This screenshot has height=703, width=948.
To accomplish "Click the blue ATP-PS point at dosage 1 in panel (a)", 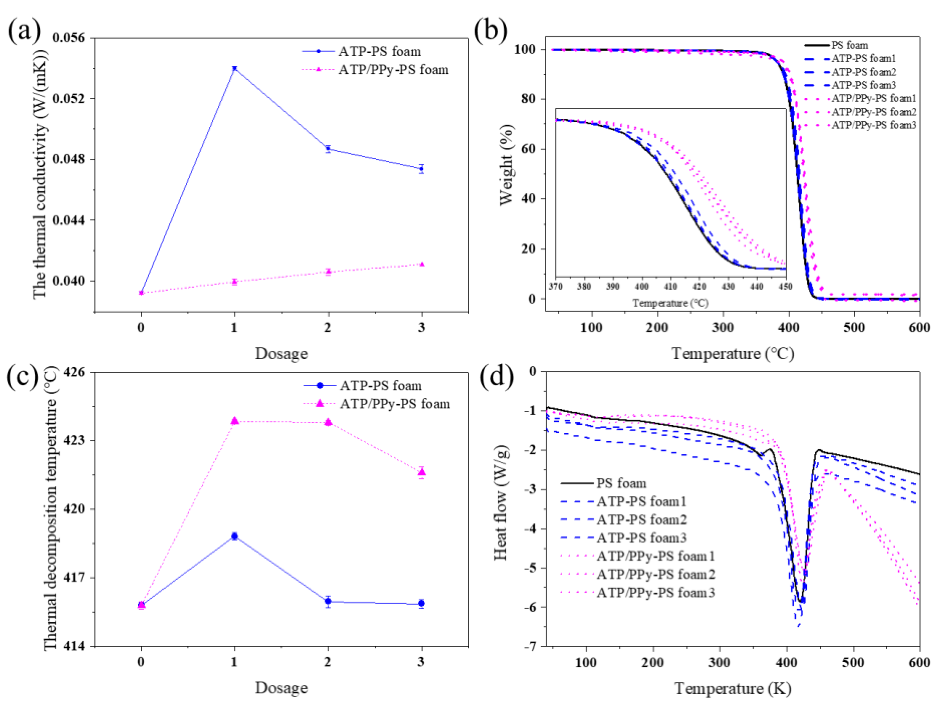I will (234, 68).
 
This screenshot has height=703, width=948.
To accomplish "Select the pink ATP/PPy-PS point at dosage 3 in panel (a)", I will (421, 264).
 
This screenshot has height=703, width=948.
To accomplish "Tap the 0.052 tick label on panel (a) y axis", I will (68, 98).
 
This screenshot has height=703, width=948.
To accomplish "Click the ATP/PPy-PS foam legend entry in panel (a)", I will (393, 69).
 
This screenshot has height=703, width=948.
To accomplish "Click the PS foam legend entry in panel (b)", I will (849, 45).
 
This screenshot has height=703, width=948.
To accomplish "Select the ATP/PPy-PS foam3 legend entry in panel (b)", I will (873, 125).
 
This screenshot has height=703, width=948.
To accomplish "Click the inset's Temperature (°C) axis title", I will (670, 303).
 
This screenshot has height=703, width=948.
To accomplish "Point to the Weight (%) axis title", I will (506, 165).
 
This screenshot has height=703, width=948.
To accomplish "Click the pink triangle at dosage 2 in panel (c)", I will (328, 422).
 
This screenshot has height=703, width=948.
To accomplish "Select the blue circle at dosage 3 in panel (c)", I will (421, 603).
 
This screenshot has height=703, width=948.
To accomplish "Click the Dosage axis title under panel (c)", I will (281, 688).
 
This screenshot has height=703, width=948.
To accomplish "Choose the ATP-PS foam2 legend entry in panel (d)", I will (641, 520).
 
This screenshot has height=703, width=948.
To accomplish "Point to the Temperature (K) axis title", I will (732, 688).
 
